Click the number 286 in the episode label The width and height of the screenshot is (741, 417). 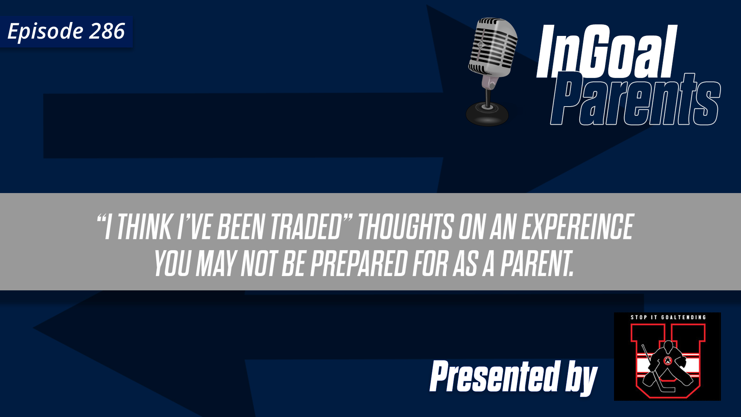[107, 31]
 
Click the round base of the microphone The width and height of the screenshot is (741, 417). [487, 114]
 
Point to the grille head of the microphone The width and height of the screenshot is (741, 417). [493, 46]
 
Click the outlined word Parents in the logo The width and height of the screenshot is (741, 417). [635, 100]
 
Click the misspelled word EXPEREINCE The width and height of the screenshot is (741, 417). [577, 227]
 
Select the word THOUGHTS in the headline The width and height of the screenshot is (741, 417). [405, 227]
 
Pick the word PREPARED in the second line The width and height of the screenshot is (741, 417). [359, 264]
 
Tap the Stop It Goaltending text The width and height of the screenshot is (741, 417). [668, 317]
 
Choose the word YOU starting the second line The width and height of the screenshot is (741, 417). [172, 264]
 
